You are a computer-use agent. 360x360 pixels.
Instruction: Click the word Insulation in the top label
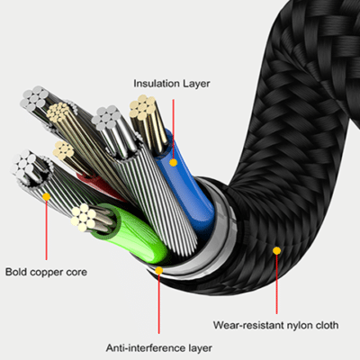pos(154,84)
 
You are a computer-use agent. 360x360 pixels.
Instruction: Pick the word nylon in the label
pos(292,325)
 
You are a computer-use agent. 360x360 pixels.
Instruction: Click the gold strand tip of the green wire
pos(85,215)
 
